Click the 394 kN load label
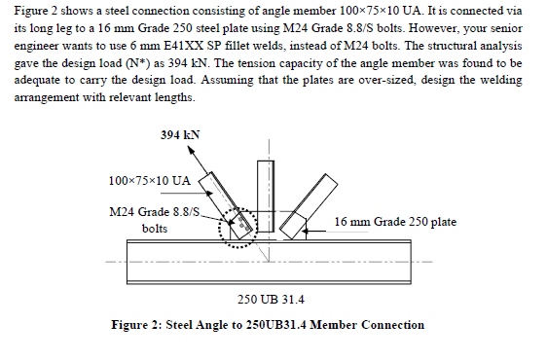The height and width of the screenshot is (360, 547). (181, 134)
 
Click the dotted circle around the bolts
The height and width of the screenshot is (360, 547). (239, 227)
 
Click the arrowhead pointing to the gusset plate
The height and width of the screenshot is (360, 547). (310, 233)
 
